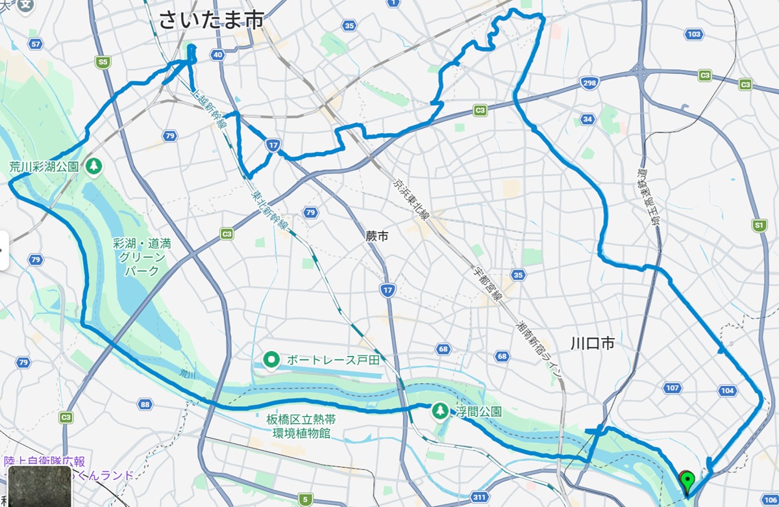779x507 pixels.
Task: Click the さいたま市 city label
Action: click(212, 20)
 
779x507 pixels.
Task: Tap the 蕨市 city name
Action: click(377, 237)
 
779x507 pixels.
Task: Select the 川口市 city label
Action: click(591, 343)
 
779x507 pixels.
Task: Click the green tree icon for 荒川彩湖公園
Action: click(94, 166)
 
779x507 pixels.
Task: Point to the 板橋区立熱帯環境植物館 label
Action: click(298, 426)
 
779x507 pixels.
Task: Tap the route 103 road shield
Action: click(694, 34)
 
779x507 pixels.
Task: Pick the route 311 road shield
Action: click(480, 497)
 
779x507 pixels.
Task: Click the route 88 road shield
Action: click(145, 405)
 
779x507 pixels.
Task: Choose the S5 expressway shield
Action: click(102, 62)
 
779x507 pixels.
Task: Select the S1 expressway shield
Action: click(758, 225)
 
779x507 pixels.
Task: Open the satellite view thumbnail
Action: click(39, 486)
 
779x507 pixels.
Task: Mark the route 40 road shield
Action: click(217, 55)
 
